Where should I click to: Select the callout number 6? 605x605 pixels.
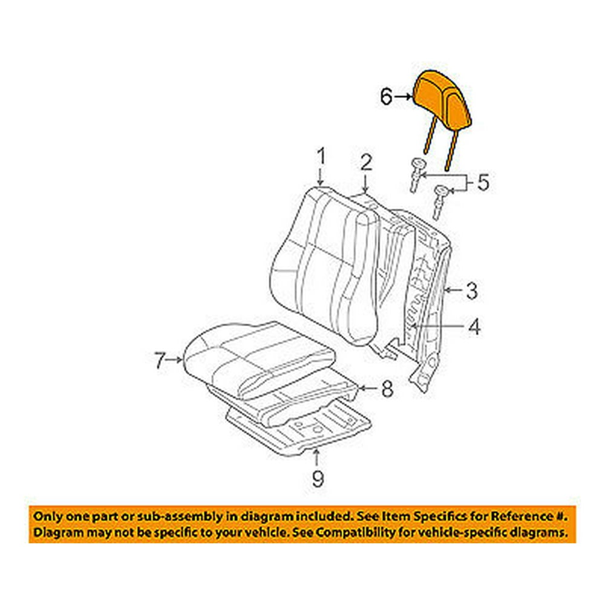(x=386, y=96)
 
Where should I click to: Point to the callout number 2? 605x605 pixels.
(x=365, y=162)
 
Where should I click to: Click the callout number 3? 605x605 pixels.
(x=471, y=291)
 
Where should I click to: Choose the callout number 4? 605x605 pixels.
(x=474, y=327)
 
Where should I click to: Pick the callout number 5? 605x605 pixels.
(x=482, y=182)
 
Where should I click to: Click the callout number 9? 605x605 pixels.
(x=317, y=479)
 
